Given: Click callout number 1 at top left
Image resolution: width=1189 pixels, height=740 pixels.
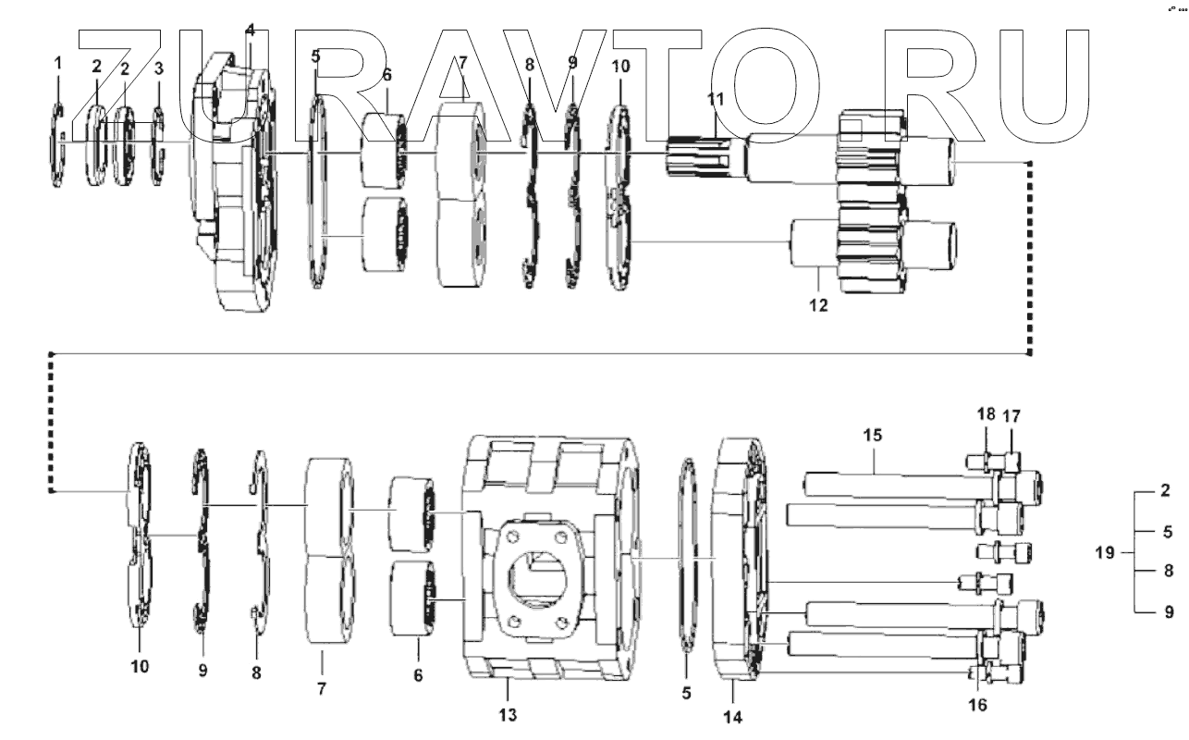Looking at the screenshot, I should [58, 63].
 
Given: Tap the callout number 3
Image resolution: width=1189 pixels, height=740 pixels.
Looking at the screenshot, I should [159, 68].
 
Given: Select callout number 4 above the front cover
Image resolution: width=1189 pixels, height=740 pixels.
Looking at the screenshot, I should [250, 31].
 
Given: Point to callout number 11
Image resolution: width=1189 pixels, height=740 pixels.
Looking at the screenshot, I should [717, 98].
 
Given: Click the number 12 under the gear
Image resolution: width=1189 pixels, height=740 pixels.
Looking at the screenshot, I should [819, 303].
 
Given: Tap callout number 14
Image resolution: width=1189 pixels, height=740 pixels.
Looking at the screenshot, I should [733, 716].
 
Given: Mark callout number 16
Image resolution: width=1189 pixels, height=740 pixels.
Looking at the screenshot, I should [977, 705].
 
